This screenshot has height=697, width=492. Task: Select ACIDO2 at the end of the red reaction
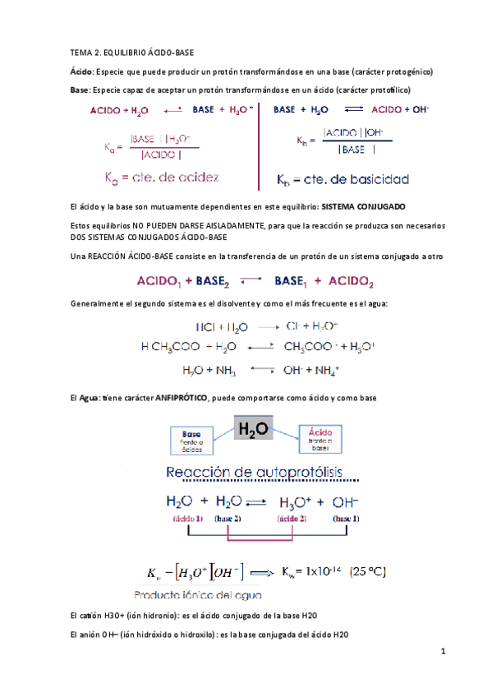pyautogui.click(x=348, y=283)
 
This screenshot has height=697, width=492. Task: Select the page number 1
pyautogui.click(x=443, y=653)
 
